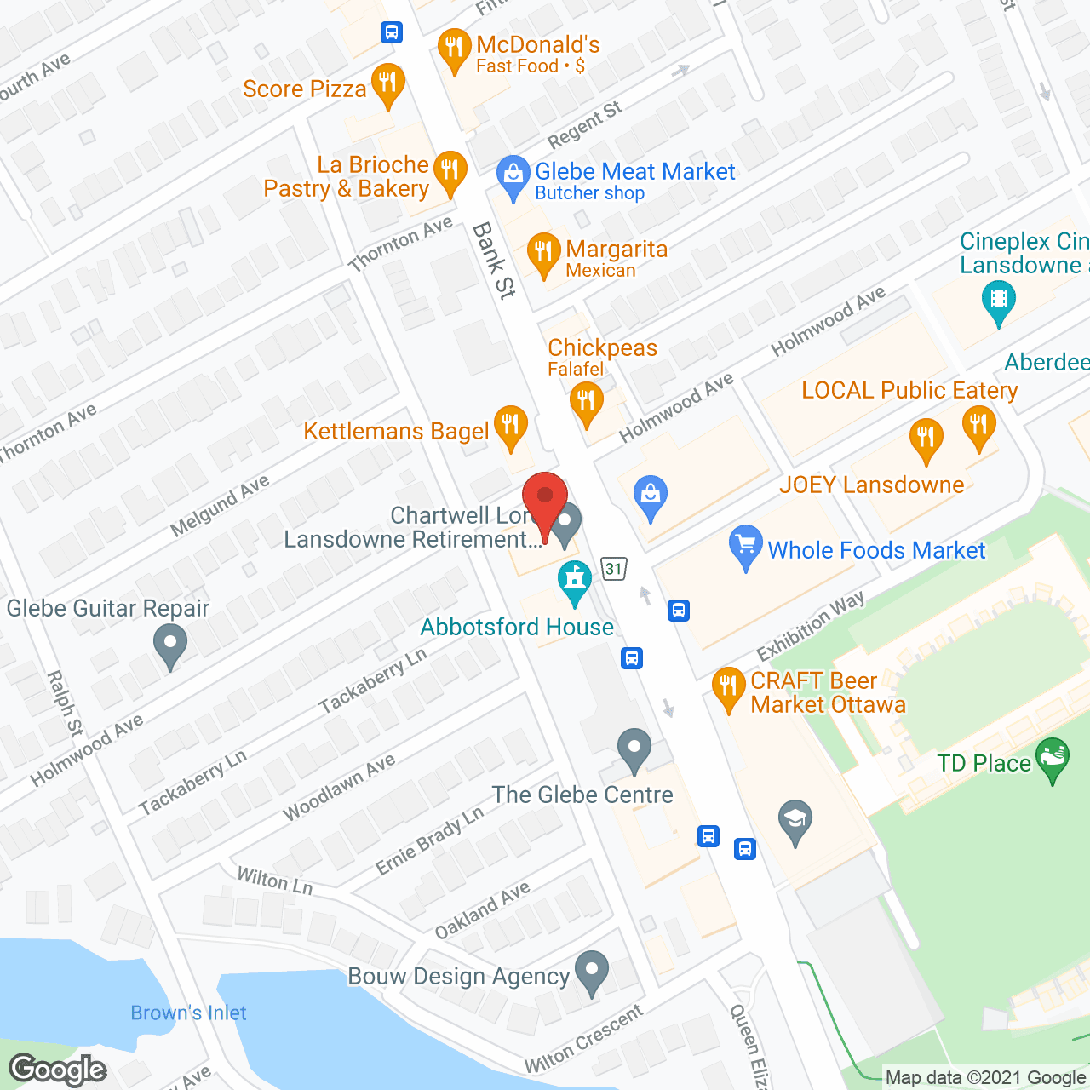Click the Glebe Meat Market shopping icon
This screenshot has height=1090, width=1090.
513,176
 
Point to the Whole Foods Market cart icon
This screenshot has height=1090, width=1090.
746,546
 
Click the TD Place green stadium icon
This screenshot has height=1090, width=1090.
1053,759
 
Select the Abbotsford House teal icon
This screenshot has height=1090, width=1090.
575,582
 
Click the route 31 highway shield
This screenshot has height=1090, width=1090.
614,569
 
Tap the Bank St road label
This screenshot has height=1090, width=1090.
494,261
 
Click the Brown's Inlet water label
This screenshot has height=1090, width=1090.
188,1013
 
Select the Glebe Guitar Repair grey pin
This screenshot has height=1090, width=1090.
170,645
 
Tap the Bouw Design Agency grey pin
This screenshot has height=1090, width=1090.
591,972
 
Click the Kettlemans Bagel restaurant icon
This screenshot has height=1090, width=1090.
510,426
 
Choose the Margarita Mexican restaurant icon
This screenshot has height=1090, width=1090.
543,254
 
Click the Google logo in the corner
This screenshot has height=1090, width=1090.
58,1070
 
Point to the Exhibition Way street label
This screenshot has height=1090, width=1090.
811,625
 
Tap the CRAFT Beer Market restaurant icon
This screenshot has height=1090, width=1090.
728,688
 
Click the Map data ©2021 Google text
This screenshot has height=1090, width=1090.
985,1077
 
